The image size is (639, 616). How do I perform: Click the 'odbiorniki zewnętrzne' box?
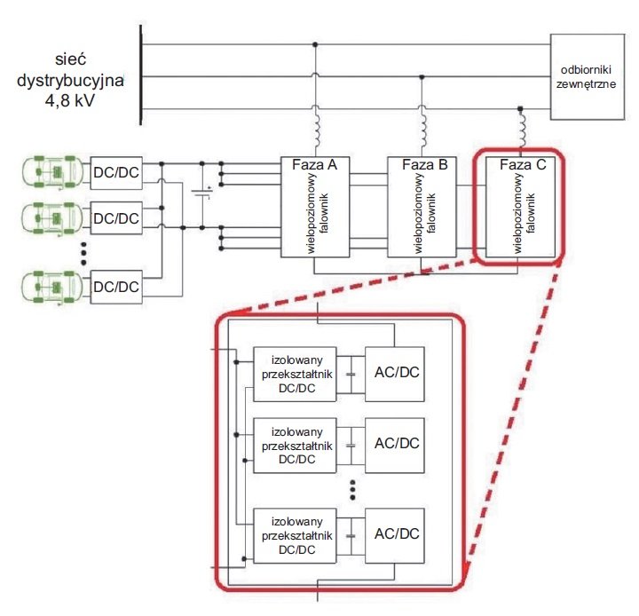588,76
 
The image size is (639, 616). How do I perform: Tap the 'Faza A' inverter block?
315,207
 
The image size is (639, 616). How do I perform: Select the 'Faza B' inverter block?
422,207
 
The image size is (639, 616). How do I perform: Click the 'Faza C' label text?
523,165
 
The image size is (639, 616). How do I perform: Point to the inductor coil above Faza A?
315,130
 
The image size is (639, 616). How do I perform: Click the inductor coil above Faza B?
422,130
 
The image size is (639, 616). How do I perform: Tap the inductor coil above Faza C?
522,130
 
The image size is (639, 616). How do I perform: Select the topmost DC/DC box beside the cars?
116,173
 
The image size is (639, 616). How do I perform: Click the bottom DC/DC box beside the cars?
116,287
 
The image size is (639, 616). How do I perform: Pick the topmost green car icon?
52,172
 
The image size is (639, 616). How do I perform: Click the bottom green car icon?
52,287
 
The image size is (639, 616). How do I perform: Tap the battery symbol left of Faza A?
202,193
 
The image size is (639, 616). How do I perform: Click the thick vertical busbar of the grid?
141,75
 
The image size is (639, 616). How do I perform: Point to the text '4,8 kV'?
70,100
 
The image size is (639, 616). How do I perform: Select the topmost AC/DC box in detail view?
394,375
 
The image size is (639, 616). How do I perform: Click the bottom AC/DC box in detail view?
394,536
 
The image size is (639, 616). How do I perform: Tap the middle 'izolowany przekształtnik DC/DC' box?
295,446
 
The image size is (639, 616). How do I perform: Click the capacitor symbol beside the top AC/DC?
351,375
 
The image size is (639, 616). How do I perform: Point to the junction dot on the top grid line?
314,44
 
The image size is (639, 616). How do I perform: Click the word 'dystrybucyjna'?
70,81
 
